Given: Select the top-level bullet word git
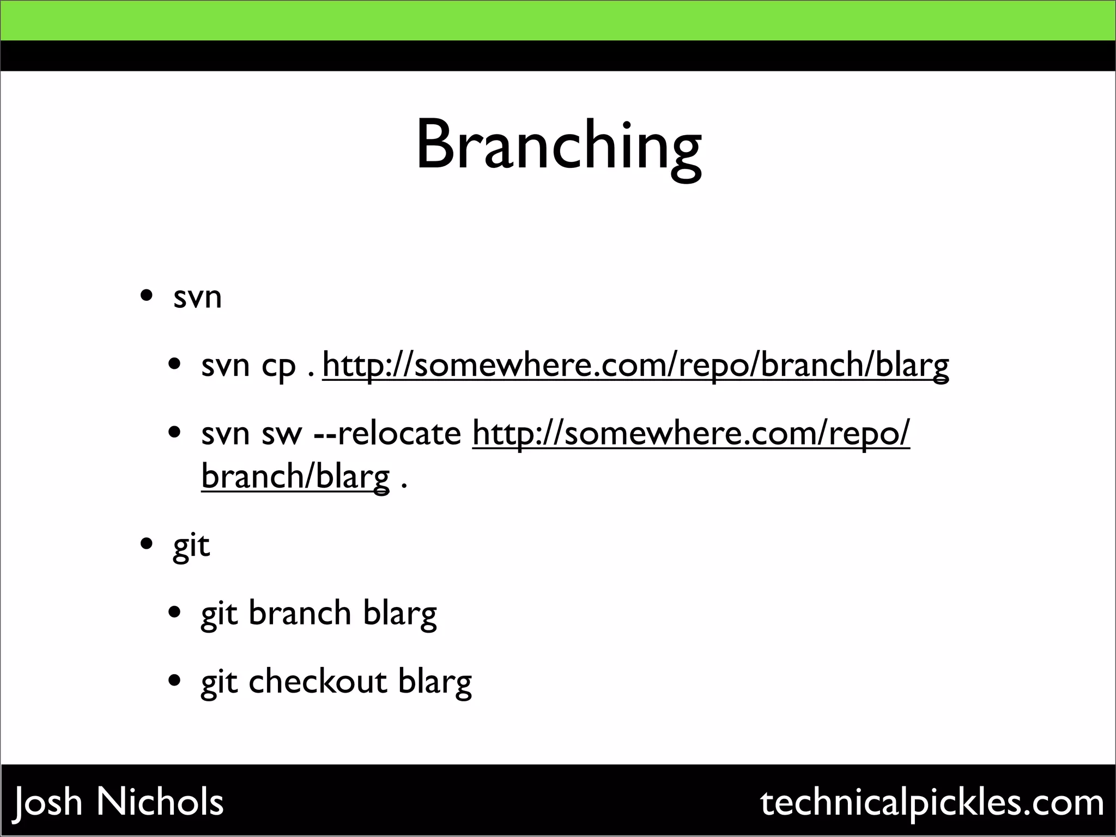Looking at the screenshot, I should [x=191, y=545].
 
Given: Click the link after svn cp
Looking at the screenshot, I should [x=635, y=365].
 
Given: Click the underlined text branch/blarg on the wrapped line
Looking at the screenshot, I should [x=295, y=476].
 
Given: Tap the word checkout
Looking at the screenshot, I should [x=318, y=682].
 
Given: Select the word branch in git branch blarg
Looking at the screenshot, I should [x=300, y=613].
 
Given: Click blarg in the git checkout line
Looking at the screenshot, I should [x=435, y=682].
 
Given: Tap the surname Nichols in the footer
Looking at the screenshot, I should [x=160, y=802].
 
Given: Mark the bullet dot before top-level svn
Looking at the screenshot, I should [x=146, y=297].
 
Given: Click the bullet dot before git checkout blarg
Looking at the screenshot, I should [x=174, y=681].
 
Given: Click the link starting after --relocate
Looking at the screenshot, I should [x=691, y=434].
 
